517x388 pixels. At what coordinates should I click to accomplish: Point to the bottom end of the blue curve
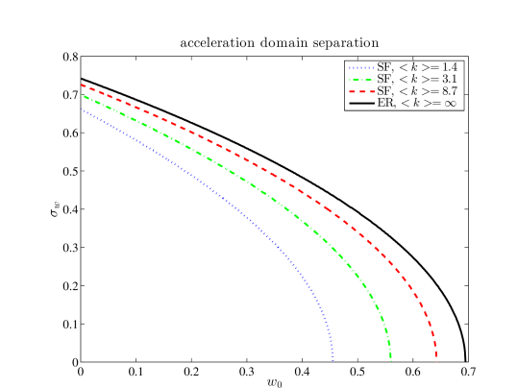[332, 357]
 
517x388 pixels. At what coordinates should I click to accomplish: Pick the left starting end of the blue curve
[83, 109]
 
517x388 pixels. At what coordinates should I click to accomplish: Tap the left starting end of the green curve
[83, 95]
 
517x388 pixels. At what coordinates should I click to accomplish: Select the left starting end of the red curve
[82, 85]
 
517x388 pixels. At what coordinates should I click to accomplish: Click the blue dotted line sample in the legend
[361, 67]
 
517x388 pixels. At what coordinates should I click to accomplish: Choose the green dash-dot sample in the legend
[361, 79]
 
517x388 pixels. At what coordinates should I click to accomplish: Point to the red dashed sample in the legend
[361, 90]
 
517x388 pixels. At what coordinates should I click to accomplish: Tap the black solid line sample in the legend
[361, 102]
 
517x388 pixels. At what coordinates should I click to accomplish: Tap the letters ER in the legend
[384, 102]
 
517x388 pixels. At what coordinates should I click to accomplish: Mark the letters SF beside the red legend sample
[383, 90]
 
